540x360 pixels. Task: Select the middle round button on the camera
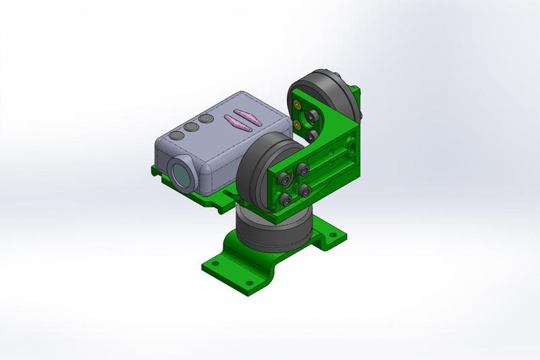(x=191, y=126)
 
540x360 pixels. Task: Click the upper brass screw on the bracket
(x=298, y=105)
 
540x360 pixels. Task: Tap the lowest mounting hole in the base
(x=249, y=280)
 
